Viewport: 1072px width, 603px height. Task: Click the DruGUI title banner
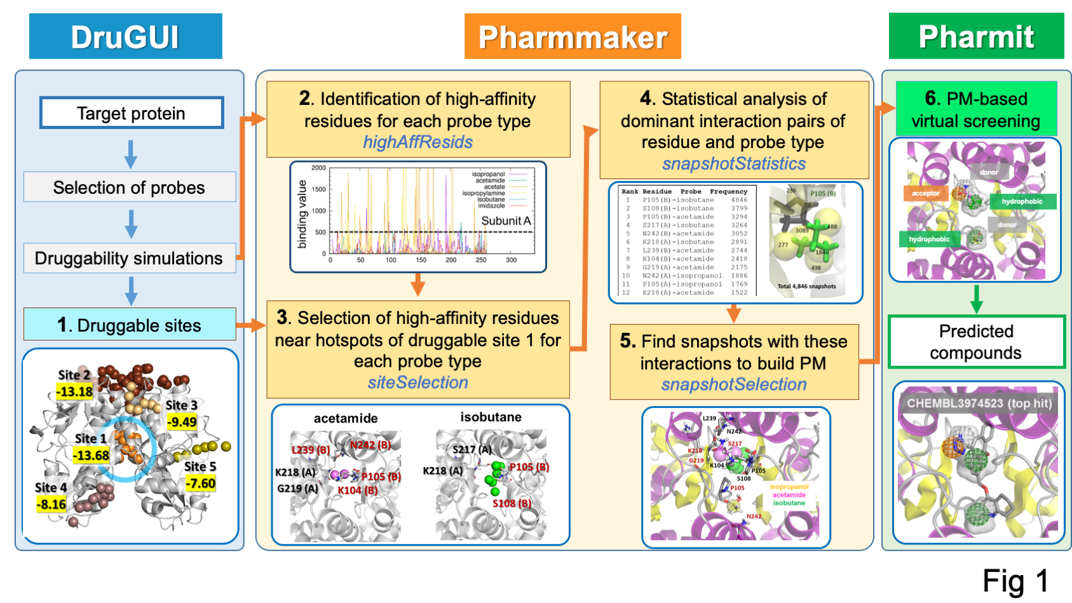(x=125, y=36)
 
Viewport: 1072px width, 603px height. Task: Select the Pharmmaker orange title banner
(x=573, y=36)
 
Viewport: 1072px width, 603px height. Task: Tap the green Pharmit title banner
(x=976, y=36)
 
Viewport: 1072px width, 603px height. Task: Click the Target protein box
(x=131, y=113)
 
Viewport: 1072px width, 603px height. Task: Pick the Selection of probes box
(x=129, y=187)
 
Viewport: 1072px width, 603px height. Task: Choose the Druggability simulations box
(x=129, y=258)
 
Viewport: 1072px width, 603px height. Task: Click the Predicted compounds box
(x=975, y=342)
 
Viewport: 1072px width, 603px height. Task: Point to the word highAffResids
(x=417, y=142)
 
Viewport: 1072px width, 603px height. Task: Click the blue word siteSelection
(x=417, y=383)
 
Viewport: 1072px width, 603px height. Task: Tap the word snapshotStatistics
(x=733, y=164)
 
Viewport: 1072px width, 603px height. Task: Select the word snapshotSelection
(x=733, y=384)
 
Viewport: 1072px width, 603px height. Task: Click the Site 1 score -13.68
(x=91, y=455)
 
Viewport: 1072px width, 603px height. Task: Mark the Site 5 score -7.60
(x=200, y=484)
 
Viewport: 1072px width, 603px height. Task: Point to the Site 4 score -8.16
(x=51, y=505)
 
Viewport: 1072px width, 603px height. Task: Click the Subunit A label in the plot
(x=505, y=220)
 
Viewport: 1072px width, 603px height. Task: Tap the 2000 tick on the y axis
(x=318, y=168)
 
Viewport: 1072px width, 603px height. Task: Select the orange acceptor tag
(x=925, y=193)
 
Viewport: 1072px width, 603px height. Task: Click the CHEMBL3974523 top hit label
(x=979, y=403)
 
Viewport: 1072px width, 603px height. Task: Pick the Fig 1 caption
(x=1015, y=581)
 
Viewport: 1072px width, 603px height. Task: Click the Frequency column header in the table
(x=728, y=191)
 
